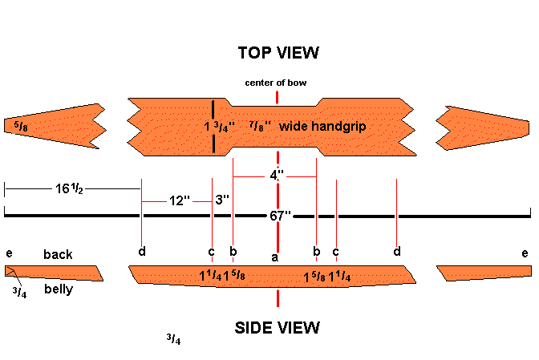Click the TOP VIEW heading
[x=278, y=53]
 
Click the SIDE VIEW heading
[x=278, y=327]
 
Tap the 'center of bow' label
[x=277, y=83]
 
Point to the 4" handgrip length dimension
[x=276, y=175]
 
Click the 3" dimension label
[x=221, y=199]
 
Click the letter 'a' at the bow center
[x=274, y=257]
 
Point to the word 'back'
[x=58, y=255]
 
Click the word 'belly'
[x=59, y=289]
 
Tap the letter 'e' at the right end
[x=525, y=253]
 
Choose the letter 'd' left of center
[x=142, y=252]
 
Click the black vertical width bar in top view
[x=213, y=127]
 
